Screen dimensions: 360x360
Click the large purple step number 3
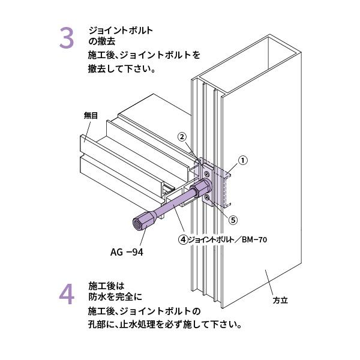click(66, 38)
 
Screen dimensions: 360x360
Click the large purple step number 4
click(67, 295)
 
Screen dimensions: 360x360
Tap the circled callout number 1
click(243, 160)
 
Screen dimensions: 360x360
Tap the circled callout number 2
click(182, 136)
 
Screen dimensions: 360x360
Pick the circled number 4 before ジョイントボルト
click(182, 239)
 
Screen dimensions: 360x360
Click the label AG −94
click(127, 252)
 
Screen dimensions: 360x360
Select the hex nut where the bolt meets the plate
click(196, 192)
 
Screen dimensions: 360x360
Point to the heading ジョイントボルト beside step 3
click(120, 30)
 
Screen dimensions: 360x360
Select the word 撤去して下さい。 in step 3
click(122, 68)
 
